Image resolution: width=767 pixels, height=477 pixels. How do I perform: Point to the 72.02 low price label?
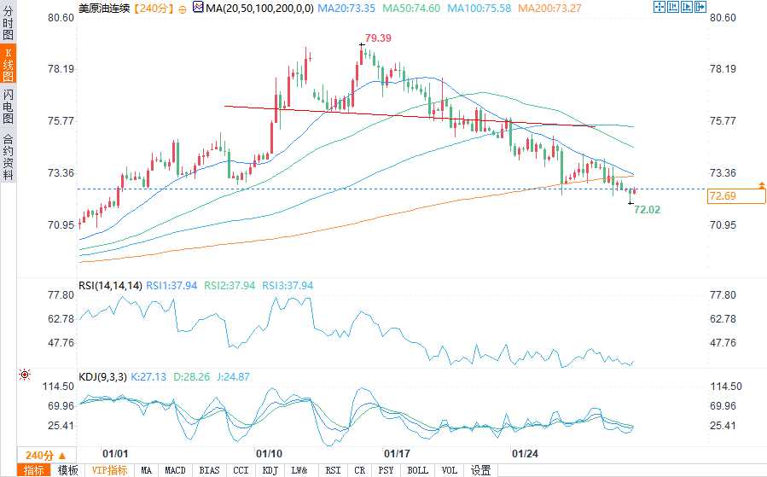[x=647, y=209]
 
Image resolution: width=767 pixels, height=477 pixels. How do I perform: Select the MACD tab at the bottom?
[x=175, y=470]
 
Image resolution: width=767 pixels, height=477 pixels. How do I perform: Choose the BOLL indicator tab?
[x=417, y=470]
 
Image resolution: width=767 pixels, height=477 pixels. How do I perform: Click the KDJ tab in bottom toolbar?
[x=270, y=470]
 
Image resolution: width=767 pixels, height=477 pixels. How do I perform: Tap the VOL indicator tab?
[x=450, y=470]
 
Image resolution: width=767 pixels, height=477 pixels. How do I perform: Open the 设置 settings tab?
[x=481, y=470]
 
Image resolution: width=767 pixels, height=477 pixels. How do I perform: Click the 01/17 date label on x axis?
[x=398, y=453]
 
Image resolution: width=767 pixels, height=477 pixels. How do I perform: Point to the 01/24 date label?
[x=525, y=453]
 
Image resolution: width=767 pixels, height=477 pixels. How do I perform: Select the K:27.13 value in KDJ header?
[x=149, y=376]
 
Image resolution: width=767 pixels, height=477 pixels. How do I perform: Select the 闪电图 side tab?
[x=8, y=107]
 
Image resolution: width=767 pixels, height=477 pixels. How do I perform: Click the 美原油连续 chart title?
[x=103, y=7]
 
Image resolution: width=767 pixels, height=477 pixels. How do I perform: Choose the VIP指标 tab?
[x=109, y=470]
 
